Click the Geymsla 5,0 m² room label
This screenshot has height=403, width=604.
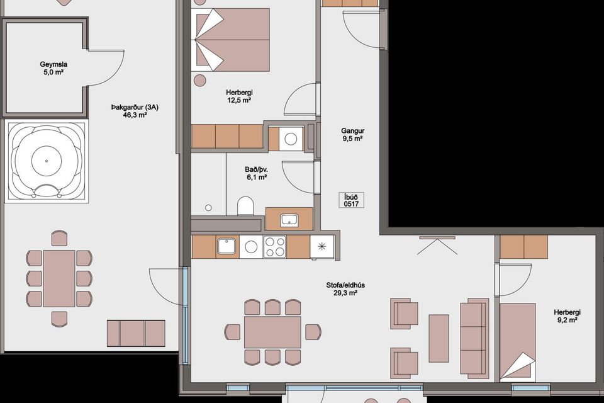click(53, 68)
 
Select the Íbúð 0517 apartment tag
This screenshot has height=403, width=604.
click(351, 200)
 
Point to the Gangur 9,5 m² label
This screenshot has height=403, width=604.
click(352, 135)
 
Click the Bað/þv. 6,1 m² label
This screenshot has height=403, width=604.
click(257, 173)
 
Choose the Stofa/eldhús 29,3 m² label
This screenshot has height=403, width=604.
click(345, 289)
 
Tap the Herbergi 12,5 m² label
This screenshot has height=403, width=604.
click(239, 96)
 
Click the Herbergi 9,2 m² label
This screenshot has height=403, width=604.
click(567, 316)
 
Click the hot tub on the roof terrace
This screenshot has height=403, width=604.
click(47, 161)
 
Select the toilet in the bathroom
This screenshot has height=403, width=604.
click(245, 207)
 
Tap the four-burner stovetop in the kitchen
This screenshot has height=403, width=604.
click(275, 247)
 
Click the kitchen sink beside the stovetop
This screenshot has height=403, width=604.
click(227, 246)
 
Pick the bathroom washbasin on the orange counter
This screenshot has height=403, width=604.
click(289, 220)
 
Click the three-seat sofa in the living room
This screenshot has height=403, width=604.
click(474, 338)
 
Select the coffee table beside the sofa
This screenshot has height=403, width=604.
click(439, 338)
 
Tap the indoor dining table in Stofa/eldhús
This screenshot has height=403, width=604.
click(272, 332)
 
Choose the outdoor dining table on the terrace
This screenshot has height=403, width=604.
click(59, 278)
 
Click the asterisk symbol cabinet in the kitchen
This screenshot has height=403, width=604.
click(322, 246)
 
